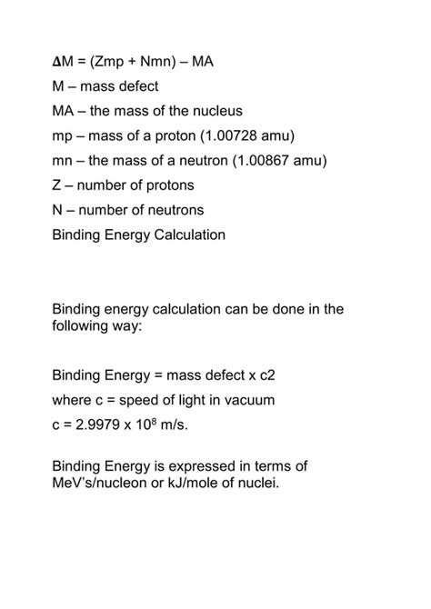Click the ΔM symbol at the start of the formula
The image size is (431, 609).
[62, 62]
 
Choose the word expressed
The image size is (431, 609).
[203, 467]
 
